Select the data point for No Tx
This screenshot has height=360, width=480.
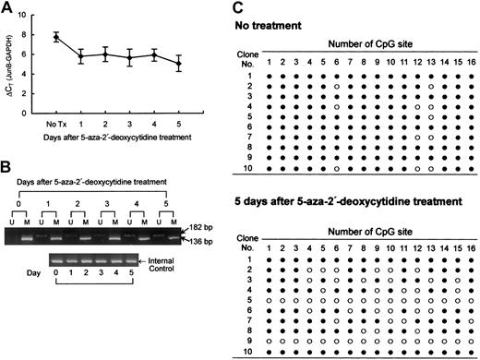[57, 37]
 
